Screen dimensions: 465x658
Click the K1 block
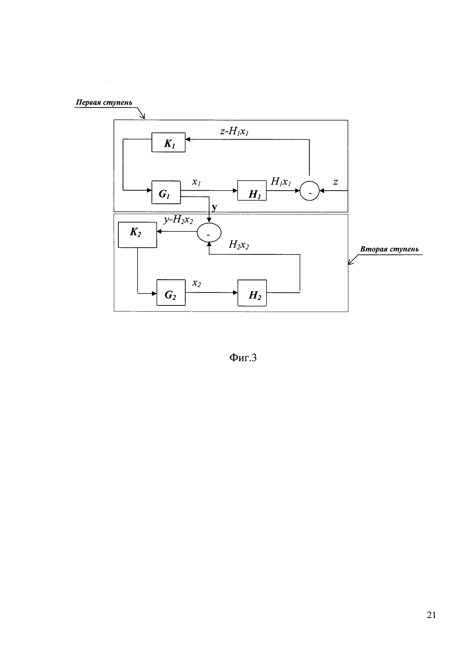(x=168, y=142)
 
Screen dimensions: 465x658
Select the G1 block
(x=166, y=192)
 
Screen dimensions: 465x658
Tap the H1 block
(x=252, y=190)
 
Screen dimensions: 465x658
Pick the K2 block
(x=137, y=235)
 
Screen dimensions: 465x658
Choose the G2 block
(x=171, y=292)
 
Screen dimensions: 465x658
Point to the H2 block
(x=252, y=293)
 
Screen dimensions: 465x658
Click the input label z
(x=336, y=182)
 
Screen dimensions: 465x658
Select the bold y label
(x=214, y=208)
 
